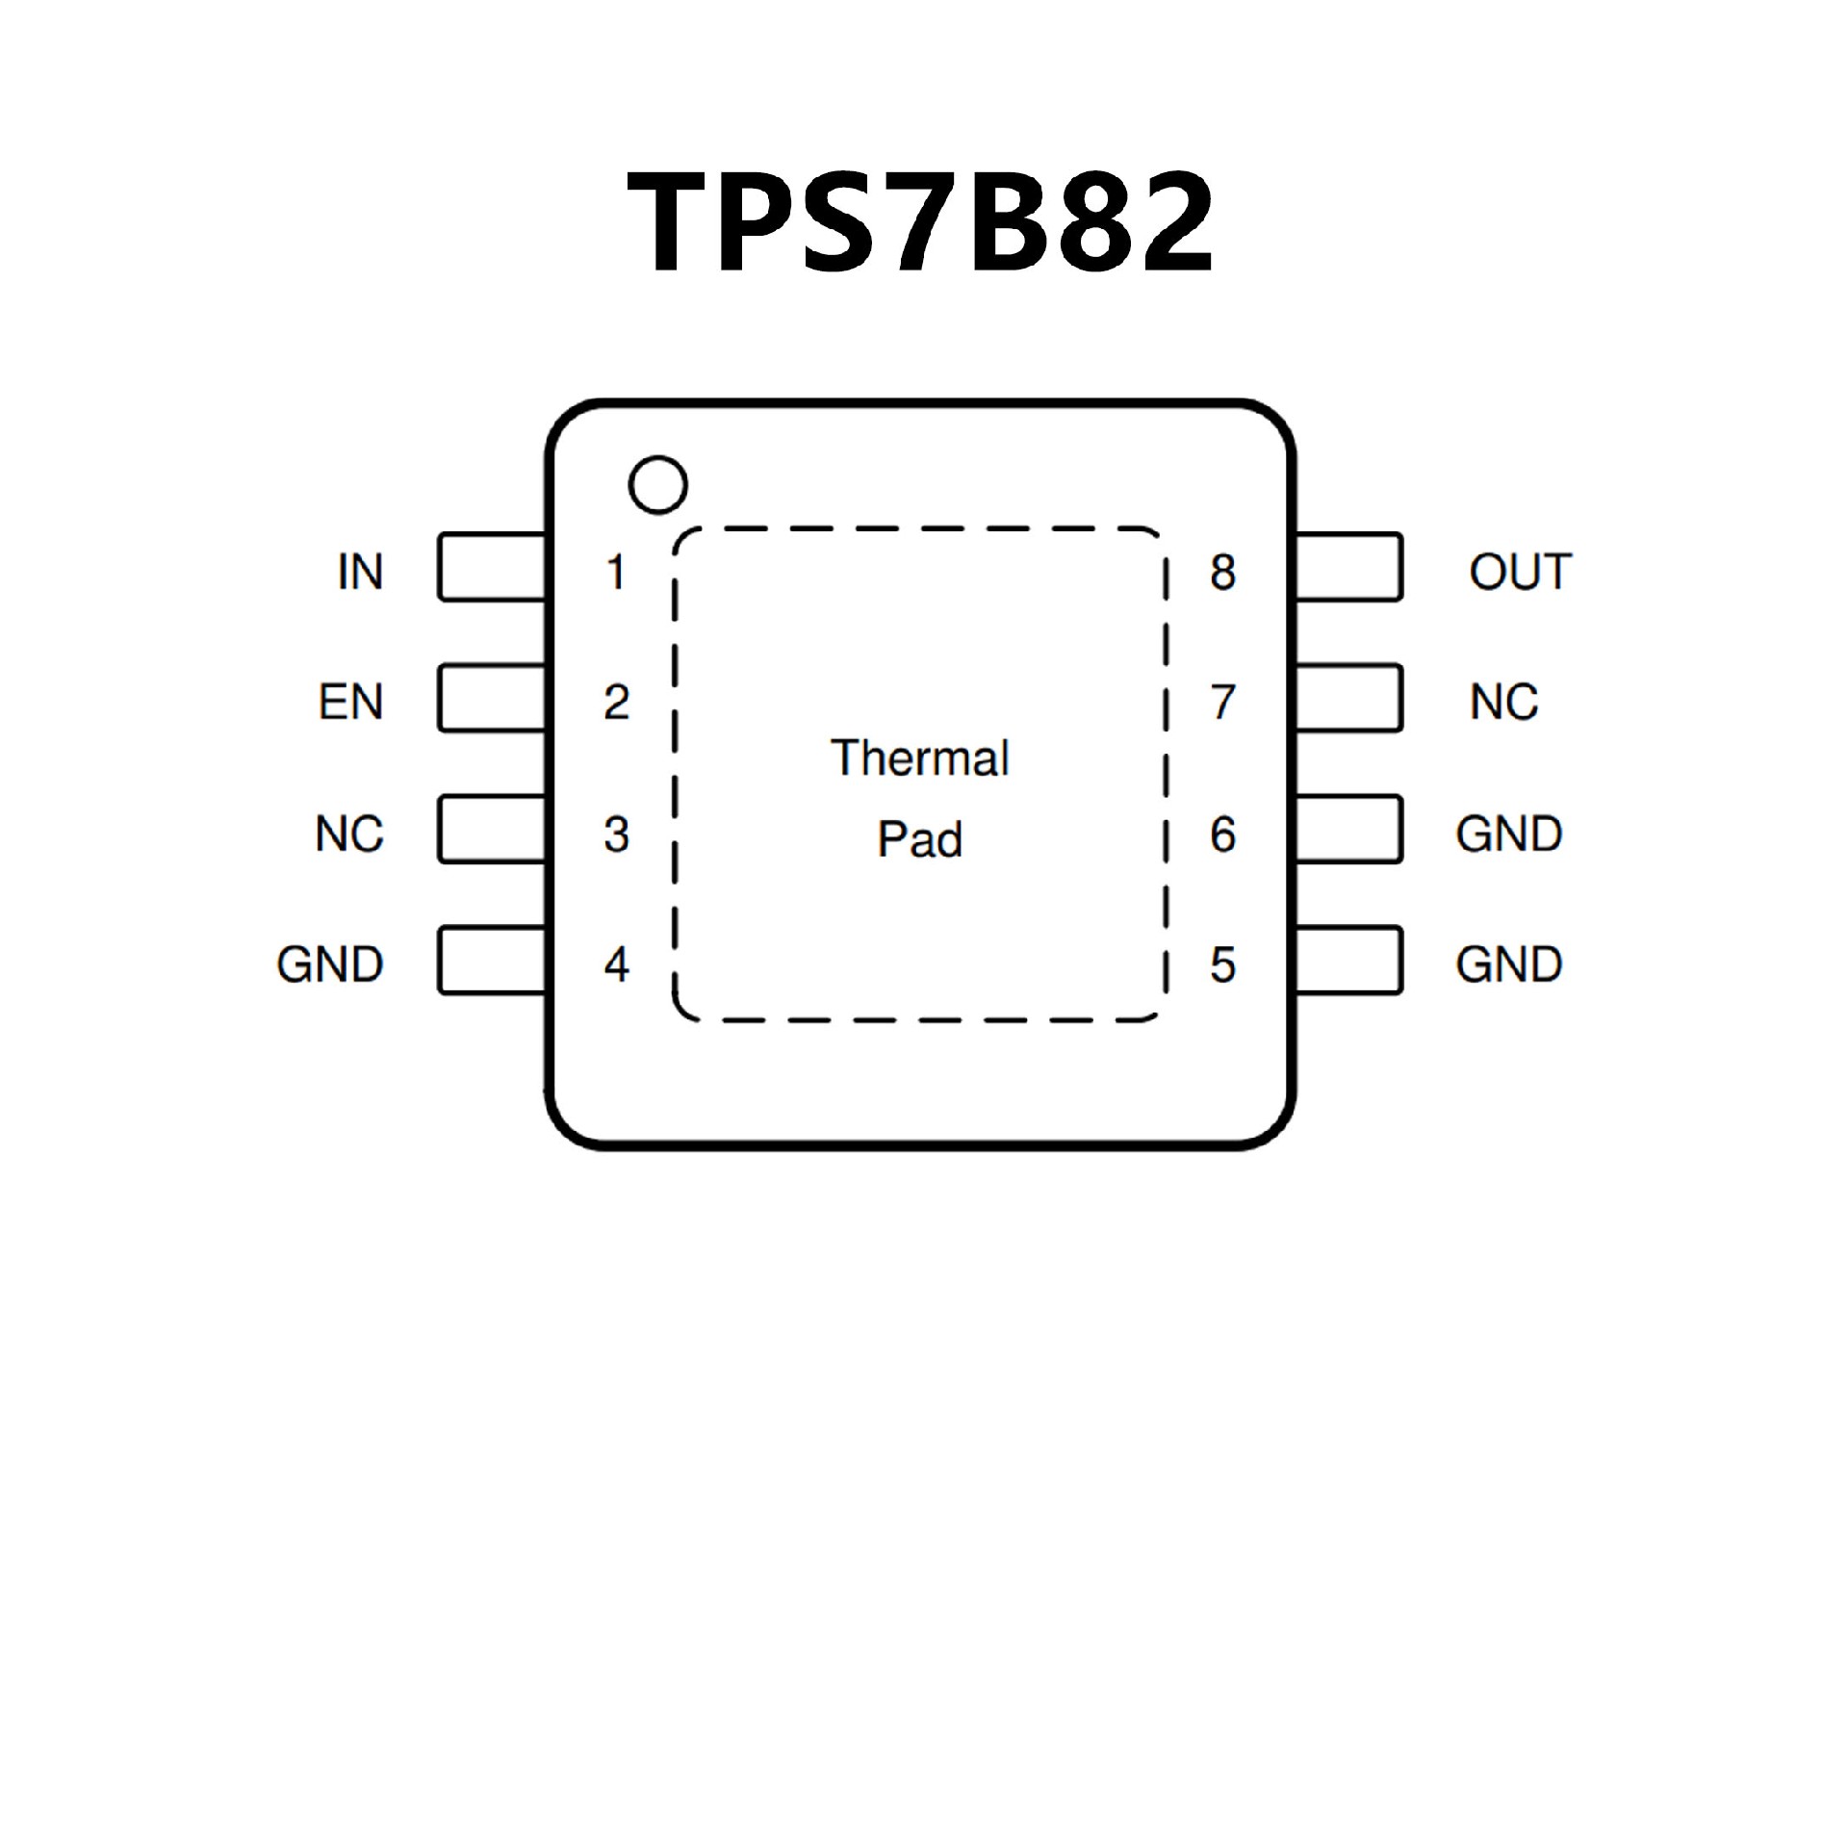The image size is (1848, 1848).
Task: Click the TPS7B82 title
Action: [x=920, y=222]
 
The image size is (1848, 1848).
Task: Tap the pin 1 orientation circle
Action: [x=657, y=484]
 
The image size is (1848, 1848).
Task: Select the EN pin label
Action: [x=351, y=702]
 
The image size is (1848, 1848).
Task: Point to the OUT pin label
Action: [x=1520, y=572]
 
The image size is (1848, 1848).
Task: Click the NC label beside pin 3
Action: [x=349, y=834]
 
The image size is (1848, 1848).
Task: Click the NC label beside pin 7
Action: [x=1503, y=702]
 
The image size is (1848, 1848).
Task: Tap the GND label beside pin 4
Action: [x=330, y=964]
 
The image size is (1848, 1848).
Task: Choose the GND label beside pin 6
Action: [x=1508, y=834]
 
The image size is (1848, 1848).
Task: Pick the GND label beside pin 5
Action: [x=1508, y=964]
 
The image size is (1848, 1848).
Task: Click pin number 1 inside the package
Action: [x=616, y=572]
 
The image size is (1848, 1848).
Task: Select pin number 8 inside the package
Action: [x=1222, y=572]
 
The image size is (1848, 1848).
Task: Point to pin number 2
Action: [x=616, y=702]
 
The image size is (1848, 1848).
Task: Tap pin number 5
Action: [x=1222, y=964]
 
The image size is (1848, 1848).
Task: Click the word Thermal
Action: [x=920, y=758]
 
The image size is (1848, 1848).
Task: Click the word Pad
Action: [x=919, y=839]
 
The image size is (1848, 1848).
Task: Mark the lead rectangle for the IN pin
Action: [x=492, y=568]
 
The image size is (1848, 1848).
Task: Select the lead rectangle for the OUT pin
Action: [x=1348, y=568]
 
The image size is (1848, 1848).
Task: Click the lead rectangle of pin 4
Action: [x=492, y=961]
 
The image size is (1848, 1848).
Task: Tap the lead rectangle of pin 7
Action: [x=1348, y=698]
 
